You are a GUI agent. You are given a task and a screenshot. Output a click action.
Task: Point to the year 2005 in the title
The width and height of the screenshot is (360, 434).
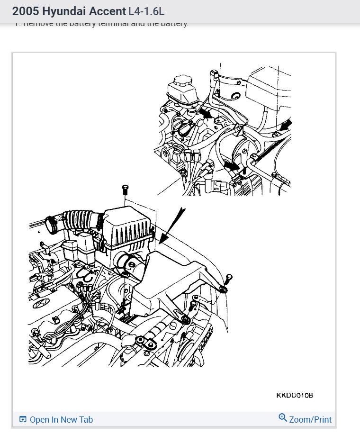click(x=26, y=11)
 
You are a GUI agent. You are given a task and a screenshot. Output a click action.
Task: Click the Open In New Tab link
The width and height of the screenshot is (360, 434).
click(x=61, y=420)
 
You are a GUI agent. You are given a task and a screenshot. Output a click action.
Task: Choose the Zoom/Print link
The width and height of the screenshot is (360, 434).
click(x=310, y=419)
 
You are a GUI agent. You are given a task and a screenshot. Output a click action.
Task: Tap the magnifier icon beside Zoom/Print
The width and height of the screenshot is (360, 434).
click(x=283, y=418)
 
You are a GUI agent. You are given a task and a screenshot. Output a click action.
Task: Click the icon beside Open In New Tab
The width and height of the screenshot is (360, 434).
click(x=23, y=420)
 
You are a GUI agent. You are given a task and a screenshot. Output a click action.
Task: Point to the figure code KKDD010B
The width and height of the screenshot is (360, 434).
click(x=295, y=395)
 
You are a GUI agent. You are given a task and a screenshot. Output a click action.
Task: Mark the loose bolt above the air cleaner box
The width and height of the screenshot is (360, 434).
click(x=125, y=190)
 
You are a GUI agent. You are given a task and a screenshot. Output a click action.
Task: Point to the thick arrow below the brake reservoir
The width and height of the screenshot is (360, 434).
click(x=205, y=113)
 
